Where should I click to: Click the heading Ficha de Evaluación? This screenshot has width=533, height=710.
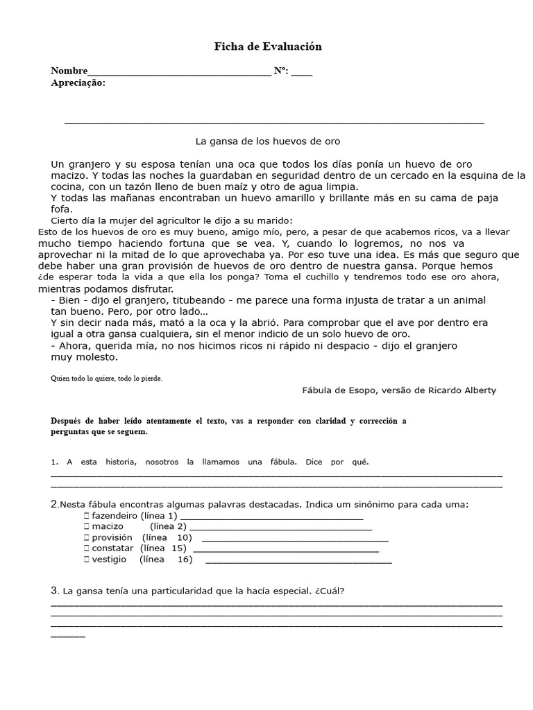[x=267, y=47]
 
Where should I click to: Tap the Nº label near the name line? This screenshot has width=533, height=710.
[x=282, y=71]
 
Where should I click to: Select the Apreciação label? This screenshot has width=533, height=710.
[x=78, y=83]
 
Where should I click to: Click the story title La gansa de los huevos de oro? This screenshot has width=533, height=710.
[x=267, y=141]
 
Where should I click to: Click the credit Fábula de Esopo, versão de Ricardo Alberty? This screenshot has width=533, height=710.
[x=399, y=390]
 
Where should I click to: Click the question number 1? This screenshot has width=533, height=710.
[x=53, y=462]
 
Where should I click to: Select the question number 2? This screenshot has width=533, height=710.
[x=54, y=504]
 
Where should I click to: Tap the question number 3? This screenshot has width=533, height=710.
[x=54, y=591]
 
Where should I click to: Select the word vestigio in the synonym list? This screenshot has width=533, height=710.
[x=109, y=560]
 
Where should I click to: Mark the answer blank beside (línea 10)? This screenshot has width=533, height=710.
[x=294, y=539]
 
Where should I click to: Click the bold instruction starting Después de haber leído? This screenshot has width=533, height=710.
[x=228, y=426]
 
